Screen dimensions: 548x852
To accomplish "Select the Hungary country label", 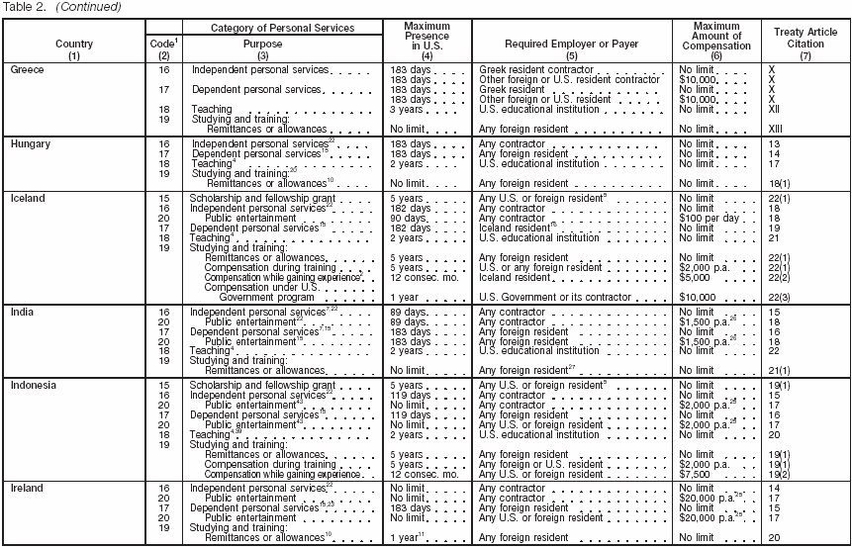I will pos(30,144).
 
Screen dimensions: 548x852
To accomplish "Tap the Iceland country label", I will pos(28,198).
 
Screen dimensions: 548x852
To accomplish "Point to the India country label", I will pos(22,312).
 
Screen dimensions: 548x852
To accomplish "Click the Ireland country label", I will pos(27,488).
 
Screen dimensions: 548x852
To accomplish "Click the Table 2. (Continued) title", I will pos(61,7).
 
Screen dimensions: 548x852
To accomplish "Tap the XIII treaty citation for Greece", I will pos(777,129).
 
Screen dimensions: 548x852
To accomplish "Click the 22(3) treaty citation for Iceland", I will pos(783,297).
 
